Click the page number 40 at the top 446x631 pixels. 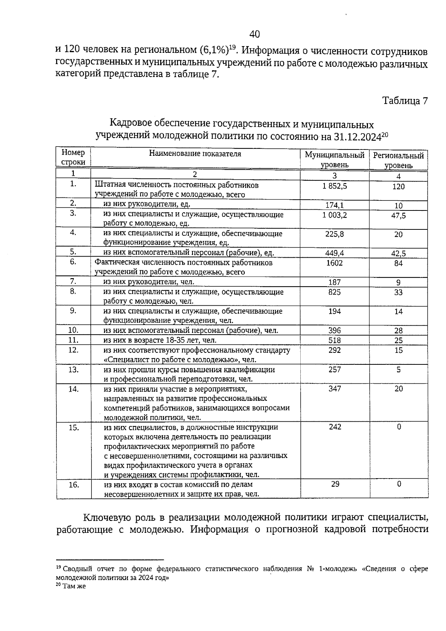point(255,35)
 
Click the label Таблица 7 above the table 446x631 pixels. point(405,101)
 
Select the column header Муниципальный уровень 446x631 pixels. point(334,160)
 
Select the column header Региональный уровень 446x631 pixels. point(398,160)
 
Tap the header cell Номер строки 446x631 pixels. point(73,157)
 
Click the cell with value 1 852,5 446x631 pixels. point(335,186)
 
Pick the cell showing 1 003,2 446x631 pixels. point(335,215)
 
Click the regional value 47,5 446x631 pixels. point(398,216)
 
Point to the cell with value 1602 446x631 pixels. point(335,263)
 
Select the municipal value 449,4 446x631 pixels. point(335,253)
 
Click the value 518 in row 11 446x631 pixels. point(335,340)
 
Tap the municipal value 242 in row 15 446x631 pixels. point(335,426)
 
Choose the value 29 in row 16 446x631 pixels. point(335,484)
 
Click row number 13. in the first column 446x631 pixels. point(73,370)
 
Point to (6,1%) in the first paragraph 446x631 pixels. point(213,49)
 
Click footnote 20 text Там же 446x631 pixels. point(74,586)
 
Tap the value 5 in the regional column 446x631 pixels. point(398,370)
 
